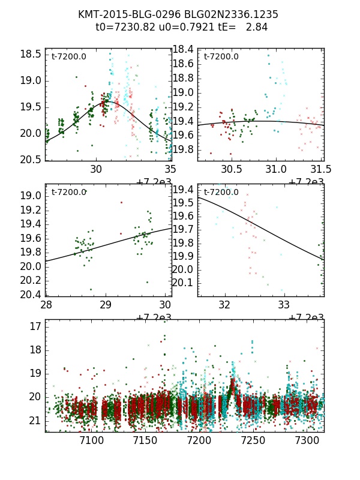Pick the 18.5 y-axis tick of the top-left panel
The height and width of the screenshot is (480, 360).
[x=31, y=54]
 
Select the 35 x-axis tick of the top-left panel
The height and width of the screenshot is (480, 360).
[x=170, y=169]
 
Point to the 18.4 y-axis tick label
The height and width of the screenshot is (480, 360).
[x=184, y=49]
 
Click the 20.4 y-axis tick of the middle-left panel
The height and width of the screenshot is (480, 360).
[x=31, y=295]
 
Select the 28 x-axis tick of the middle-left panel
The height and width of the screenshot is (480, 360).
[x=46, y=305]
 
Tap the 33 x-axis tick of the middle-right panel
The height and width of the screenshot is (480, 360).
[x=284, y=305]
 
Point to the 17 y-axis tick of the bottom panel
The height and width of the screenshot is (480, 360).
[x=35, y=326]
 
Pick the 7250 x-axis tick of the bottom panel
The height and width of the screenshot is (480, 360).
[x=253, y=440]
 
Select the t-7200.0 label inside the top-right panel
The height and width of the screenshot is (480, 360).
[x=221, y=57]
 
